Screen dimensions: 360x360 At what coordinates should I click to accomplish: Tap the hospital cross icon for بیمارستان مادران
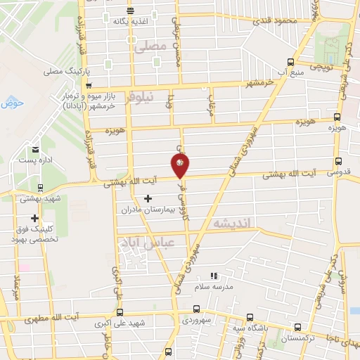coord(147,199)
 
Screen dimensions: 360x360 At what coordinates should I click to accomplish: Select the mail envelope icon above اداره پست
coord(35,149)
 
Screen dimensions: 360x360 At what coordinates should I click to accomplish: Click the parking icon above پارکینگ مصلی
coord(108,61)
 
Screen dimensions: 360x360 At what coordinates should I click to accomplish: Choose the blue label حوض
coord(13,103)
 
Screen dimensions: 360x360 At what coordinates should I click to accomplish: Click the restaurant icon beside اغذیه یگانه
coord(131,10)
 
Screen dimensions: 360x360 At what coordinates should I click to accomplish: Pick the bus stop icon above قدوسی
coord(337,161)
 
